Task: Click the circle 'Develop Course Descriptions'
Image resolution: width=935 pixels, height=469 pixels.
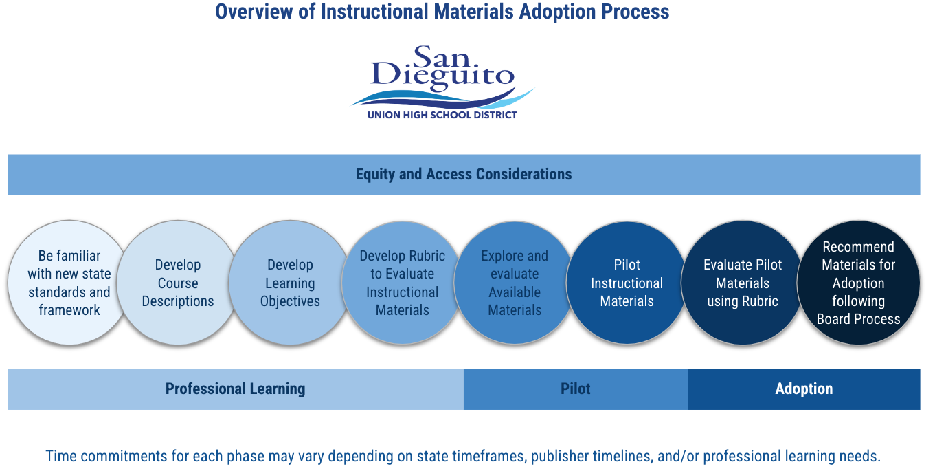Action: point(178,283)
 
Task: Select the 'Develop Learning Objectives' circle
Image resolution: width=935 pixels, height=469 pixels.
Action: point(290,283)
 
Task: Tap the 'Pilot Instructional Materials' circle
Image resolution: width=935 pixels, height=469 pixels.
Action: point(627,283)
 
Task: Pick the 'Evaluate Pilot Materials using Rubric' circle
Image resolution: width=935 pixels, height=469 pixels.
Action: point(742,283)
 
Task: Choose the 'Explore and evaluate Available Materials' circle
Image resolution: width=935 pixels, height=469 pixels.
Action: point(515,283)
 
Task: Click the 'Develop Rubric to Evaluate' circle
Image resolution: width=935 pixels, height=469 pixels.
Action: point(402,283)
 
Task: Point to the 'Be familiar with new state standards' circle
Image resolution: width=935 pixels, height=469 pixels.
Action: point(69,283)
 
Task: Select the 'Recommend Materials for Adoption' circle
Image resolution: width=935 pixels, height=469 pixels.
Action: point(858,283)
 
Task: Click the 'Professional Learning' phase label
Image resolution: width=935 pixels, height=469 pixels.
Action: point(235,389)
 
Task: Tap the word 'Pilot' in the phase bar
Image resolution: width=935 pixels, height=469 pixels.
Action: point(576,389)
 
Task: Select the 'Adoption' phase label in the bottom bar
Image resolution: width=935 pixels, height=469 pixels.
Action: point(804,389)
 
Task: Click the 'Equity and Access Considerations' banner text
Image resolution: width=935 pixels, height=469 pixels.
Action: point(464,175)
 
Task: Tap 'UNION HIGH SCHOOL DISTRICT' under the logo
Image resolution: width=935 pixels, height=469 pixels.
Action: point(442,115)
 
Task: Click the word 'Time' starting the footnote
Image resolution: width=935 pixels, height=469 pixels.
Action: point(60,456)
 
